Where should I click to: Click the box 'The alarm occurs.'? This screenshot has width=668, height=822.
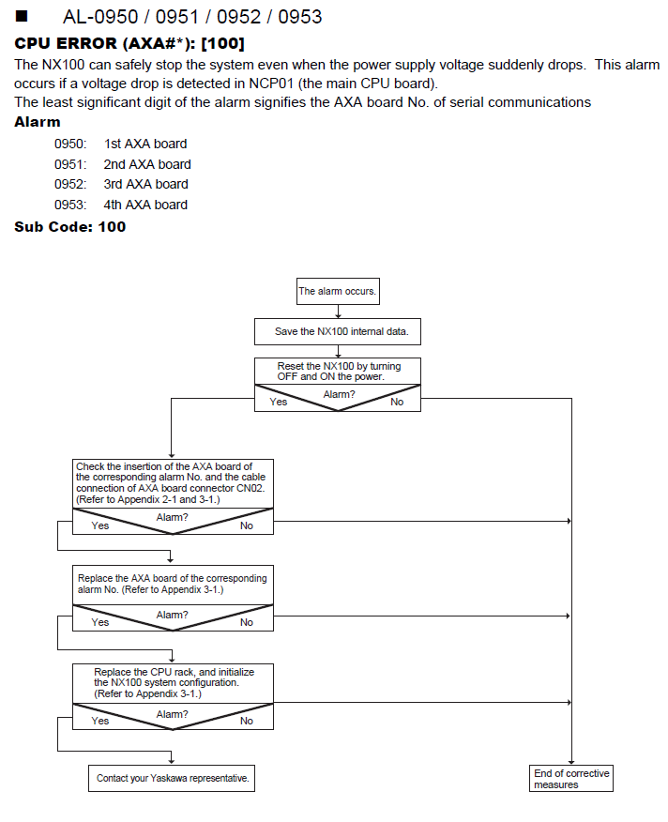[x=338, y=291]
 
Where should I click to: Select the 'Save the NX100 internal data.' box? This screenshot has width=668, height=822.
[x=337, y=331]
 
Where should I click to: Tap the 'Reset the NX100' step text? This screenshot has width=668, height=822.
[x=339, y=372]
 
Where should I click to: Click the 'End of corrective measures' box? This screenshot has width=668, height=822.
[x=571, y=779]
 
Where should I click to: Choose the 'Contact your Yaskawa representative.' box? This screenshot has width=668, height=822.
[x=172, y=778]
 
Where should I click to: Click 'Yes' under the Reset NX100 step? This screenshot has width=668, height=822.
[x=278, y=403]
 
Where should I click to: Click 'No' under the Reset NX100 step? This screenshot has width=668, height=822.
[x=397, y=403]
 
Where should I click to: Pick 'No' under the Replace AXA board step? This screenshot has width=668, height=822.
[x=247, y=622]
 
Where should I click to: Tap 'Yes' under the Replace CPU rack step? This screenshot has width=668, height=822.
[x=99, y=721]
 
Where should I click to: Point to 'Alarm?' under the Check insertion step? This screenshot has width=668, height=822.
[x=172, y=517]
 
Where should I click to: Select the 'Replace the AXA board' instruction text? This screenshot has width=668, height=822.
[x=172, y=584]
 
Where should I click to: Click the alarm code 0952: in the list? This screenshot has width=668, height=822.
[x=70, y=184]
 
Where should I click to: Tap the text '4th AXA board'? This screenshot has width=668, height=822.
[x=145, y=205]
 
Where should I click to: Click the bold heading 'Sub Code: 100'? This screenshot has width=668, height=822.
[x=69, y=226]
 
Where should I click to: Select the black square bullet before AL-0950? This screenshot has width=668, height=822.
[x=21, y=16]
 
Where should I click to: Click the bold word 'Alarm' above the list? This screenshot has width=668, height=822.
[x=38, y=122]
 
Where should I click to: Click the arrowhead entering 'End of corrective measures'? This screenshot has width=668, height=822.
[x=571, y=762]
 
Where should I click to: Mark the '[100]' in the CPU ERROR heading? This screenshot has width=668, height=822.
[x=223, y=43]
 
